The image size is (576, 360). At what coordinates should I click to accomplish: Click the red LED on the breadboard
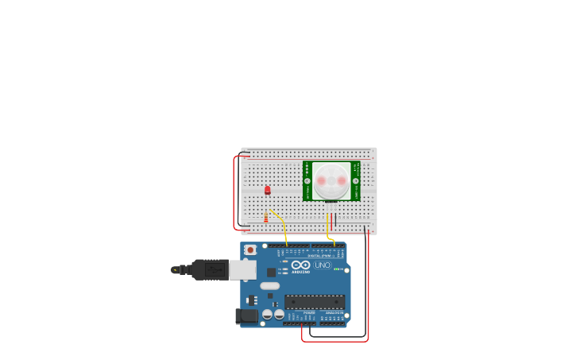[x=268, y=190]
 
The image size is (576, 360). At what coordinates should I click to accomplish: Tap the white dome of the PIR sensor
[x=331, y=181]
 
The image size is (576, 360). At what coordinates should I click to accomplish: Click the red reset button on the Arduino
[x=251, y=250]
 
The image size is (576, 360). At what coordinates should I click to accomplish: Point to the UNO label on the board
[x=323, y=265]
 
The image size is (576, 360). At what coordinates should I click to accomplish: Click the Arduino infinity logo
[x=300, y=265]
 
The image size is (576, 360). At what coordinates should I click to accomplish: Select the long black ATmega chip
[x=315, y=302]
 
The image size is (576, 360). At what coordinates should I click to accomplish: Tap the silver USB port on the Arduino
[x=242, y=270]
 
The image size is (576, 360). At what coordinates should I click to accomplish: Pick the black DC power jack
[x=247, y=315]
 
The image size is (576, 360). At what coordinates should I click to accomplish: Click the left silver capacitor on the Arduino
[x=268, y=314]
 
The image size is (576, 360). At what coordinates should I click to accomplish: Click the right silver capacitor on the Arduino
[x=279, y=314]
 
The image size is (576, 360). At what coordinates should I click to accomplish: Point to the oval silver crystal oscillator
[x=270, y=285]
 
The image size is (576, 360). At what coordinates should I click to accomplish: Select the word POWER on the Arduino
[x=309, y=313]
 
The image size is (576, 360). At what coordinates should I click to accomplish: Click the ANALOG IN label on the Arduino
[x=334, y=313]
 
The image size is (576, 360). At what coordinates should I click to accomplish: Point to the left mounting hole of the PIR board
[x=307, y=181]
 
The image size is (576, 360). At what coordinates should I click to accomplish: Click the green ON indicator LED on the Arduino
[x=338, y=269]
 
